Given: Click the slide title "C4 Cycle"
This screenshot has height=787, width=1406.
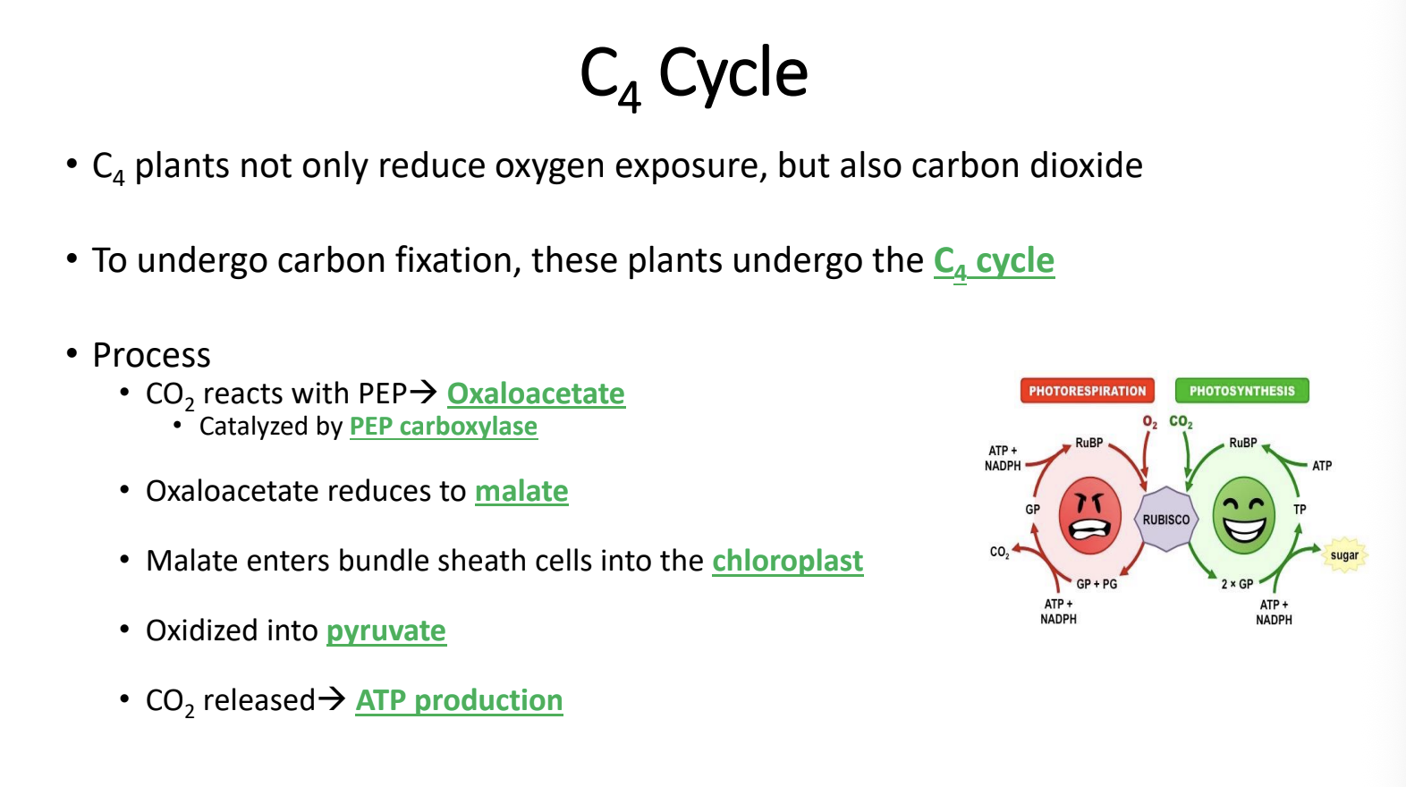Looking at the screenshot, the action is [693, 76].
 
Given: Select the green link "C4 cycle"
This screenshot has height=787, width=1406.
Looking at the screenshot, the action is [994, 262].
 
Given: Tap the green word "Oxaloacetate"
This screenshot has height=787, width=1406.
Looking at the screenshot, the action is [536, 394].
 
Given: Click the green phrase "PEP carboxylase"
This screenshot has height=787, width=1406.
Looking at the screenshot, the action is [443, 427].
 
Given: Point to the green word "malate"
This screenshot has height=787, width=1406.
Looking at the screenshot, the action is [521, 491].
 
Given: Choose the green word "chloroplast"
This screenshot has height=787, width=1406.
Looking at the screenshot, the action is [788, 561].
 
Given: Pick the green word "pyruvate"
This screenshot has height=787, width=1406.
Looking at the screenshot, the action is [386, 631].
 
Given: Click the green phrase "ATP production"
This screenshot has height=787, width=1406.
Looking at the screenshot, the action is [459, 701].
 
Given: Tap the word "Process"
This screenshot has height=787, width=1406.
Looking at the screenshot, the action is [151, 356].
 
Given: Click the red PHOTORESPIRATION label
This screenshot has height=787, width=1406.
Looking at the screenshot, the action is [1087, 390].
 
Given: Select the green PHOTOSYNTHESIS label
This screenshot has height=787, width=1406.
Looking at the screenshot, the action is [1242, 390].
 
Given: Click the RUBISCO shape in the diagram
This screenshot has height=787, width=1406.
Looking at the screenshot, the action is [1166, 520].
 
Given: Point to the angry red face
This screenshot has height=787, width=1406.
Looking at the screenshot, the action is [1089, 515].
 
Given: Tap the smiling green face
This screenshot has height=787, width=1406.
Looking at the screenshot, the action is [1243, 515].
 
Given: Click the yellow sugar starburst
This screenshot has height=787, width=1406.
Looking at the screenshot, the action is [1344, 555].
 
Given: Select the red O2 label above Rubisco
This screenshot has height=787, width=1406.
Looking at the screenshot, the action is [1150, 422].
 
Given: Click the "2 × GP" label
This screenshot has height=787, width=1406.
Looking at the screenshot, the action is [1237, 584].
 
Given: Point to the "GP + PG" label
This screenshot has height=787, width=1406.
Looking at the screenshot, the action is [1097, 584].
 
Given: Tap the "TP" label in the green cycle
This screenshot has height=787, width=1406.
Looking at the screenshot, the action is [1300, 510].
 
